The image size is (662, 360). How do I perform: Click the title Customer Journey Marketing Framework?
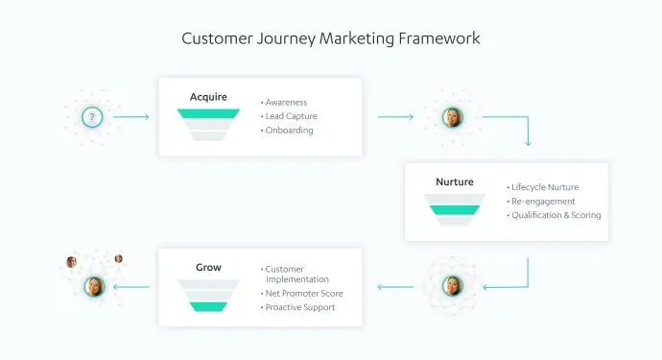point(331,39)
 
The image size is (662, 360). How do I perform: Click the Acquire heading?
point(208,97)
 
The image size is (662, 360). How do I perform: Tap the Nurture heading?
point(454,181)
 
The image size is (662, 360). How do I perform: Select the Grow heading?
point(208,267)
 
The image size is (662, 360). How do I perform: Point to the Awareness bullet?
point(286,101)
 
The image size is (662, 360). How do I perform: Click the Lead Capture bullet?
point(292,116)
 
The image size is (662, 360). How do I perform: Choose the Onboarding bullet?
point(290,131)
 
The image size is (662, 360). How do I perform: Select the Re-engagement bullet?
point(543,201)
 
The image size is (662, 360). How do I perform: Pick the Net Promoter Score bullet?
point(304,293)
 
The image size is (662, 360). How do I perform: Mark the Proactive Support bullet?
point(301,307)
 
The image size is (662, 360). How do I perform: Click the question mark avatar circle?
point(92,118)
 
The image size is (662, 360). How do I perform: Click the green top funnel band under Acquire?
point(208,113)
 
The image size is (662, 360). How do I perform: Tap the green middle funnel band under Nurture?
point(454,209)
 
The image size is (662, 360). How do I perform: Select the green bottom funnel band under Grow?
point(208,306)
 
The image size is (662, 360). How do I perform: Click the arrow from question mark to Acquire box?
point(131,118)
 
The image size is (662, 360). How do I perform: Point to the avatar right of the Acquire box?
point(452,118)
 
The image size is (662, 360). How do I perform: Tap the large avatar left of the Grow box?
point(94,285)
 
